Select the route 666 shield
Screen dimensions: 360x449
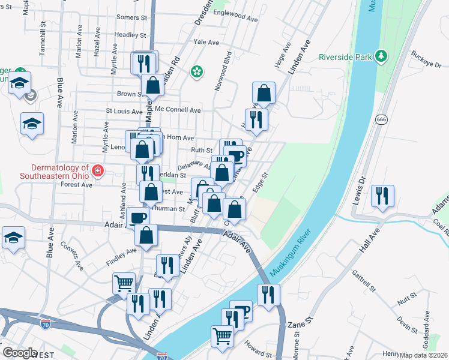(381, 120)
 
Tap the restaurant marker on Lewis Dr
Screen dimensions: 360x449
(381, 196)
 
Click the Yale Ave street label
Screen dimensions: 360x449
(200, 42)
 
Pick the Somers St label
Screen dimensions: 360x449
(131, 17)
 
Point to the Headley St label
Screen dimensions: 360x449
(127, 35)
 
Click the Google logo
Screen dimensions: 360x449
(19, 353)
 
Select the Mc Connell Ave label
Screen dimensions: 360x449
(178, 110)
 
